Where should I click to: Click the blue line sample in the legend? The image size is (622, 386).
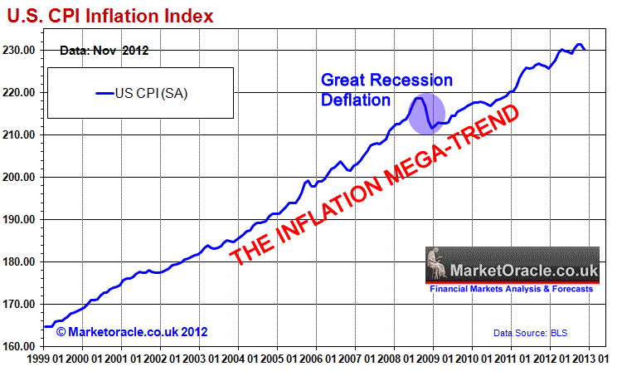104,93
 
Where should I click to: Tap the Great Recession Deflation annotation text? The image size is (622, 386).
386,90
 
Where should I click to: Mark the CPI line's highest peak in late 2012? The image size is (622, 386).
579,45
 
